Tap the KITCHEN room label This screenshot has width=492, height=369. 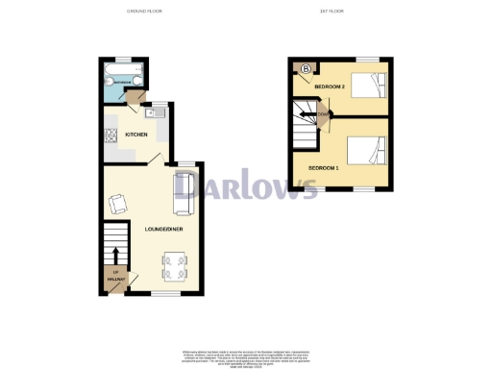136,135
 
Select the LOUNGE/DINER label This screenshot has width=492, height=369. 158,229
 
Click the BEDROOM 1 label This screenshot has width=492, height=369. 323,168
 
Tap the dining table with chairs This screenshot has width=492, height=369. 176,265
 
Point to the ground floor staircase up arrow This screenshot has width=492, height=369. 117,254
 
